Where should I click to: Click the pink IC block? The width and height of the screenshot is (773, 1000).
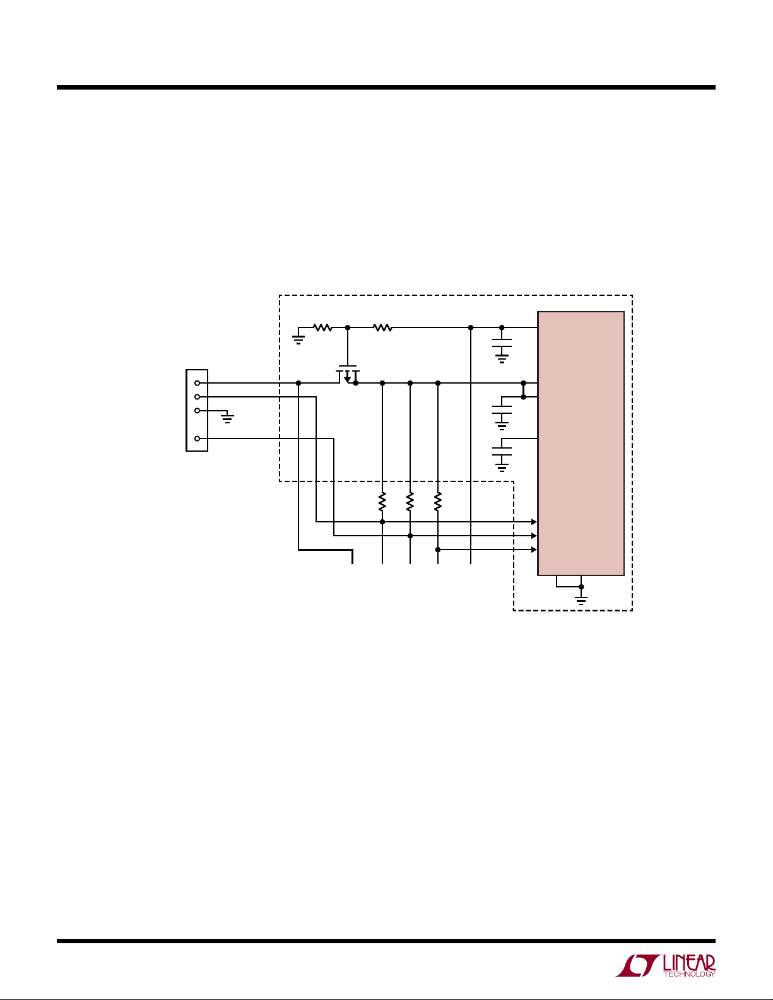click(581, 443)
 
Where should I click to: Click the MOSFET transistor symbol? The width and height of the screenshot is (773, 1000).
click(348, 374)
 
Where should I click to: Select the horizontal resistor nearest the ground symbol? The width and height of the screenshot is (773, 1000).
click(322, 327)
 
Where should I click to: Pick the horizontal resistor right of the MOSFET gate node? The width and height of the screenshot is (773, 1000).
click(382, 327)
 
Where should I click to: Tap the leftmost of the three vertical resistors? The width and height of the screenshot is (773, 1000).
click(382, 502)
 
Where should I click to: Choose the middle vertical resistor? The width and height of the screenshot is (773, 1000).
click(410, 502)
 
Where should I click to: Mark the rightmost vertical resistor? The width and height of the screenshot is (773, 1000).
click(437, 502)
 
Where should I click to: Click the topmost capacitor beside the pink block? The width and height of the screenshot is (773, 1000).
click(502, 343)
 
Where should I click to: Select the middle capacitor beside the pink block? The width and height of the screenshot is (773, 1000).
click(502, 409)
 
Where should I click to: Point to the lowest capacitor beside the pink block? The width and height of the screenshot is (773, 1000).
click(502, 452)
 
